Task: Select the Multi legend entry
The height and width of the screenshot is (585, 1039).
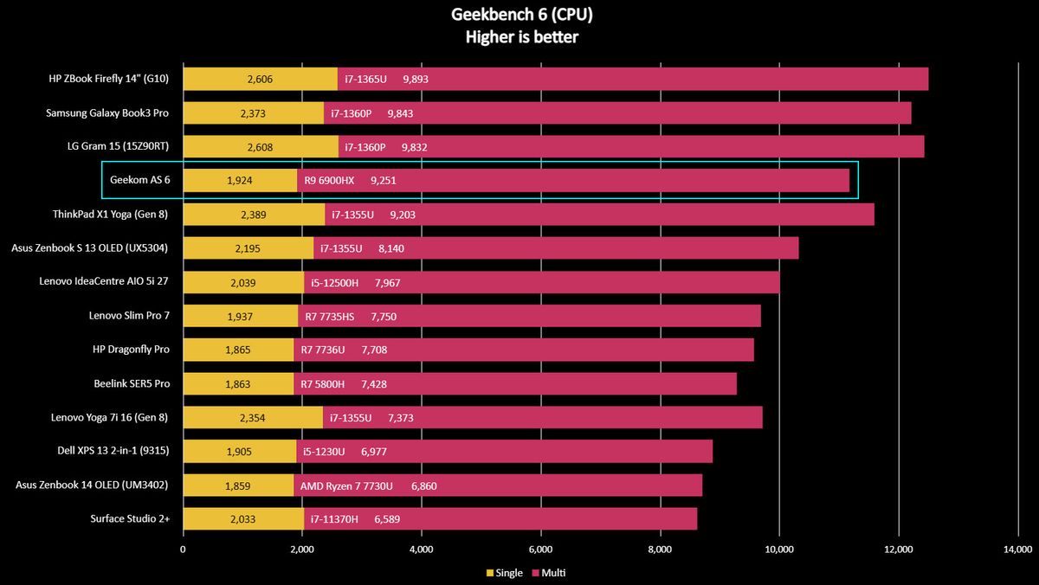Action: point(549,573)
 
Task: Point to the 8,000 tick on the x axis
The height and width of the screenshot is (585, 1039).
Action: point(660,549)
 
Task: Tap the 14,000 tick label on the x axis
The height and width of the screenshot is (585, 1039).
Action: point(1017,549)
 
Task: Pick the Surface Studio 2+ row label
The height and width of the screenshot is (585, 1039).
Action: point(129,519)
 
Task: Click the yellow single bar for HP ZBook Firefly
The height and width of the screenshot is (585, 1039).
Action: point(260,80)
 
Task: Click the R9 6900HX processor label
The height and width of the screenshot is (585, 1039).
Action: point(330,181)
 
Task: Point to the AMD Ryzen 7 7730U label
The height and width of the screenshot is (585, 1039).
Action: point(346,486)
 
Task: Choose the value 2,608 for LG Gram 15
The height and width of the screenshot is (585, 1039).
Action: point(260,147)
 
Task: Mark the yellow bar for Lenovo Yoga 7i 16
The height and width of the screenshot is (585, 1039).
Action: point(253,418)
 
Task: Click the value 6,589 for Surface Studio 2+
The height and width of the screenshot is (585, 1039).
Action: point(387,519)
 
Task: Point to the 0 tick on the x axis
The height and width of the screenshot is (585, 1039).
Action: point(183,549)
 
